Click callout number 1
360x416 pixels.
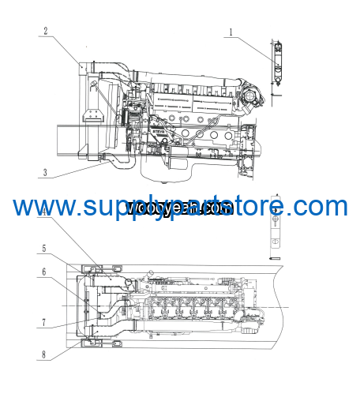click(231, 32)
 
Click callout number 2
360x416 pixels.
click(46, 31)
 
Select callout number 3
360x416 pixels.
click(46, 172)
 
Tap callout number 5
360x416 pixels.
click(45, 248)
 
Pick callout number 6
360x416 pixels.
click(45, 272)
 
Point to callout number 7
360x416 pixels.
click(45, 322)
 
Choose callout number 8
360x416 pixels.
click(45, 354)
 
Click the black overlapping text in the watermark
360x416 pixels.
click(178, 208)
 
